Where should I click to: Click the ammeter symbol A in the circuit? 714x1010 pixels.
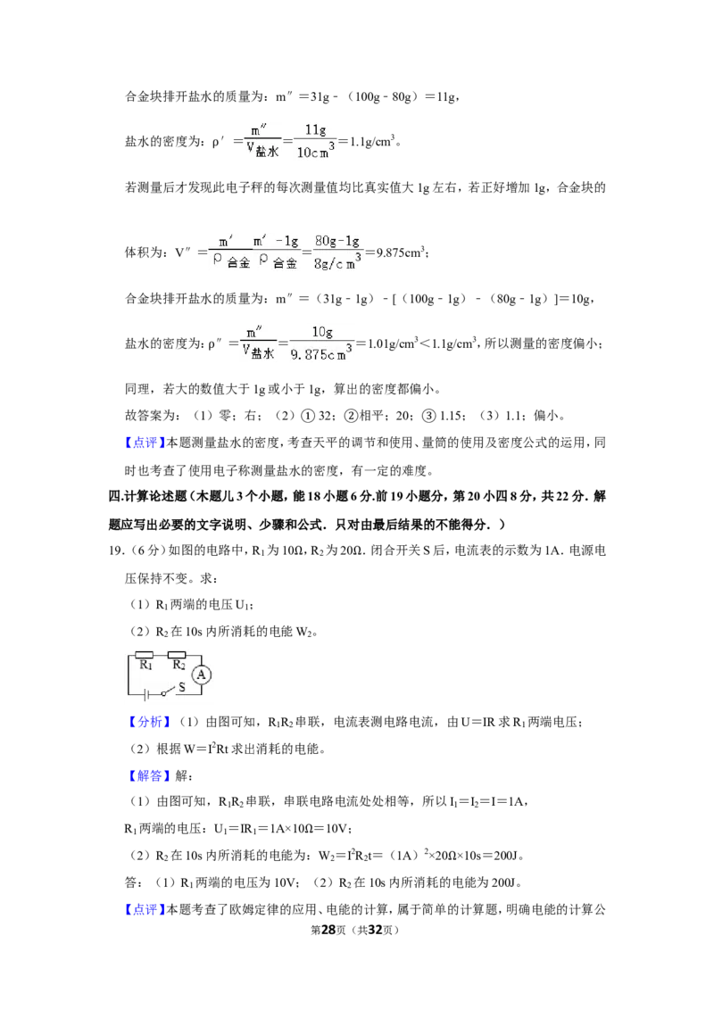point(201,675)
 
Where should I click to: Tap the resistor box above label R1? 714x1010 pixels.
point(145,655)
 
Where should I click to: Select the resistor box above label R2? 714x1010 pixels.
point(177,655)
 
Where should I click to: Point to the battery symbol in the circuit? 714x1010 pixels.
point(147,694)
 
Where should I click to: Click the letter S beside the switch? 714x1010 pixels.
point(182,687)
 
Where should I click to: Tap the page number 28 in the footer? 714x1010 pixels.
point(328,930)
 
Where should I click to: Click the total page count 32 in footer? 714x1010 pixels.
point(375,930)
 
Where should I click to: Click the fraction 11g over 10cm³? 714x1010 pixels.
point(315,141)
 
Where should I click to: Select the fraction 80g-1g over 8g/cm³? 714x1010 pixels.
point(337,252)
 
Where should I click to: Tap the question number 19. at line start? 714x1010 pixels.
point(116,551)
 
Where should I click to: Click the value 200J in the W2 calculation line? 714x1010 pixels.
point(505,856)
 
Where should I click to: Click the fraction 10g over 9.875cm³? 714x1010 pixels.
point(321,344)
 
